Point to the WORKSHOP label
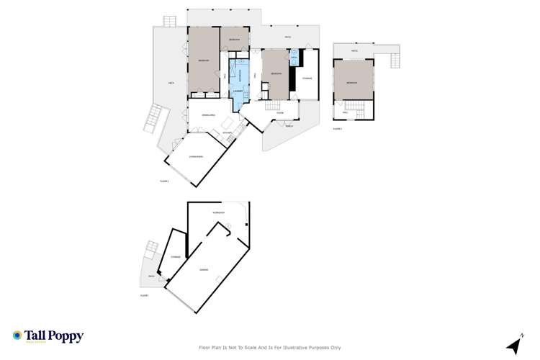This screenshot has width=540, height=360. tap(220, 214)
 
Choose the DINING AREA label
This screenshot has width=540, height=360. tap(209, 114)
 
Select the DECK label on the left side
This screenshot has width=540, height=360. tap(171, 84)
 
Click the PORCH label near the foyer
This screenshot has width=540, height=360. tap(289, 125)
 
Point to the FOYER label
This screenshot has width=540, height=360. tap(279, 113)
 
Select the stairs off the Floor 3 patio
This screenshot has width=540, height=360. tap(395, 60)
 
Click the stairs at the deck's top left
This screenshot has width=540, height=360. tap(169, 22)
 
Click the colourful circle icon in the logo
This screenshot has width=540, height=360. tap(17, 336)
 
